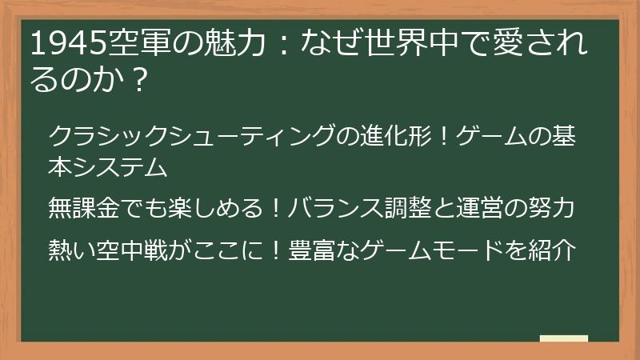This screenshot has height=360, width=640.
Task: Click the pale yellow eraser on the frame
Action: coord(564,338)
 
